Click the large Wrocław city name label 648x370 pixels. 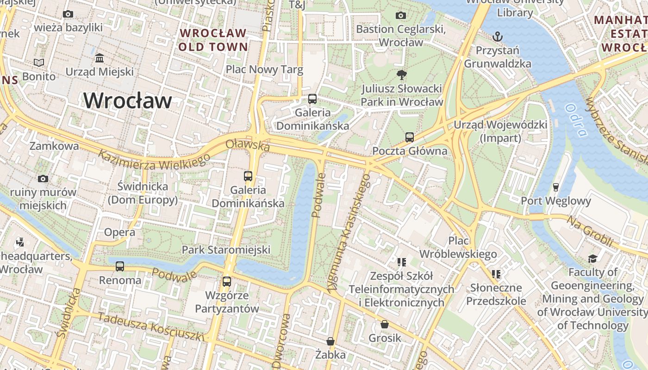[x=128, y=100]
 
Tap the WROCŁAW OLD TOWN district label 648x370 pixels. [x=213, y=40]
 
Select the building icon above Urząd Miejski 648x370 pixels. [x=100, y=58]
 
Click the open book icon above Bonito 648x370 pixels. [x=39, y=62]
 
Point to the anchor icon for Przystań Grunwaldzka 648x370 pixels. [x=498, y=36]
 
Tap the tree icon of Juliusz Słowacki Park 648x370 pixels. [x=402, y=74]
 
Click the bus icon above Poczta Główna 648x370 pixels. [x=410, y=137]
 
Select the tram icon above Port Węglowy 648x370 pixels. [x=556, y=187]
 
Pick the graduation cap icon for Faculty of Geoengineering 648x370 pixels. [x=593, y=258]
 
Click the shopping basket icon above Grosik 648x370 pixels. [x=385, y=324]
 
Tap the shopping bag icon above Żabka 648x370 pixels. [x=330, y=341]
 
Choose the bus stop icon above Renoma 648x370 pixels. [x=120, y=266]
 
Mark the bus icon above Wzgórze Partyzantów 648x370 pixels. [x=227, y=281]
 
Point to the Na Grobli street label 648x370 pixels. [x=590, y=231]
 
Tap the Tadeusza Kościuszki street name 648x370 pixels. [x=151, y=327]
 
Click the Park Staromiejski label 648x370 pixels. [x=226, y=250]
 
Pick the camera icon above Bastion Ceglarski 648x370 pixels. [x=401, y=15]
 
